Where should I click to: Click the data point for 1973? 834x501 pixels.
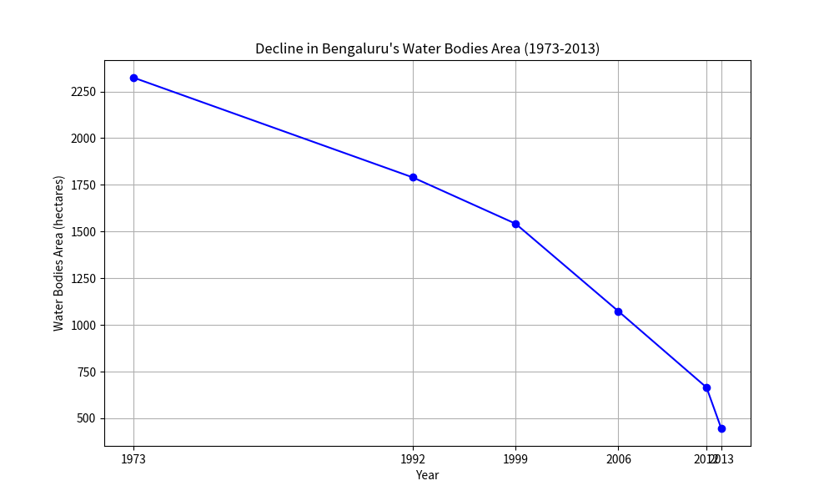point(133,78)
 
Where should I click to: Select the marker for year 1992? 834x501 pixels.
point(413,177)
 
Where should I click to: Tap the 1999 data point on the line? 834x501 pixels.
point(515,224)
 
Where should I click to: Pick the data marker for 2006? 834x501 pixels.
point(618,311)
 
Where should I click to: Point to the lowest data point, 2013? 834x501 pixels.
point(721,428)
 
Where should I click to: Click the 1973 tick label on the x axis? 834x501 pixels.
point(133,459)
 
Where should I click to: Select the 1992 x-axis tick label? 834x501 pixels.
point(413,459)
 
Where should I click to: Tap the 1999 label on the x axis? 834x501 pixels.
point(515,459)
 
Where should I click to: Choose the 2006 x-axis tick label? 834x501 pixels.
point(618,459)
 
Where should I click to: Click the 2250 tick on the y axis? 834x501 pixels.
point(83,92)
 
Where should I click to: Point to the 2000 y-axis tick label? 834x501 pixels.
point(83,139)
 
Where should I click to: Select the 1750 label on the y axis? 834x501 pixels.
point(83,185)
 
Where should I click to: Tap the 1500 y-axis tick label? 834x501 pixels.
point(83,232)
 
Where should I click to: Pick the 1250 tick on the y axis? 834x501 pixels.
point(83,279)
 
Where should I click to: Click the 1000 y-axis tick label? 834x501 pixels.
point(83,326)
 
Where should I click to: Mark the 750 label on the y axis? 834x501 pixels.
point(87,372)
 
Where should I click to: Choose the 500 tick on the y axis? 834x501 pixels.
point(87,419)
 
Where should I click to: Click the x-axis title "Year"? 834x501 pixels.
point(427,475)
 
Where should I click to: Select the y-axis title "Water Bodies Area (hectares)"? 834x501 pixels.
point(59,253)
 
